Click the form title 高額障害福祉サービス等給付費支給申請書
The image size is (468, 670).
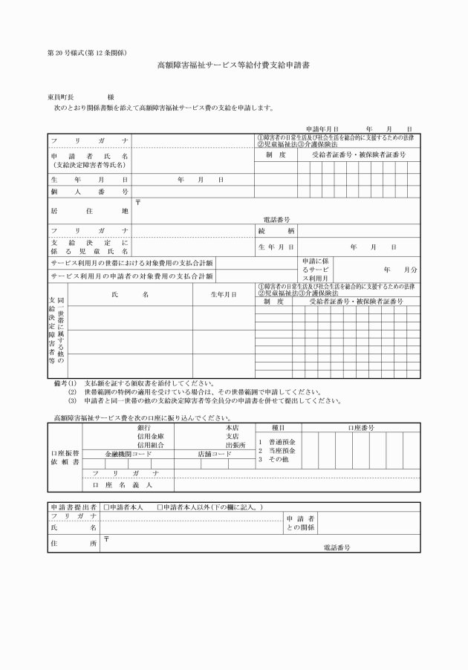pyautogui.click(x=233, y=65)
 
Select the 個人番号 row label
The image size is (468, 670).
pyautogui.click(x=89, y=192)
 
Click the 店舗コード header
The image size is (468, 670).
pyautogui.click(x=215, y=453)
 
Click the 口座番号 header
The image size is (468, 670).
pyautogui.click(x=361, y=428)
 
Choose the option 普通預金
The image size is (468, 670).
pyautogui.click(x=281, y=441)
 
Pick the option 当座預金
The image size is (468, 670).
pyautogui.click(x=281, y=450)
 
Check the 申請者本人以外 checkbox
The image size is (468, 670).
pyautogui.click(x=160, y=507)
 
